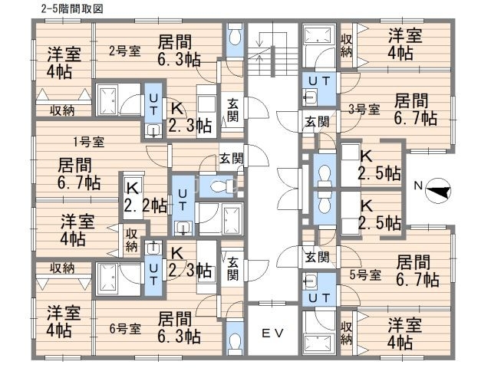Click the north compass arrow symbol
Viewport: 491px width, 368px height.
438,187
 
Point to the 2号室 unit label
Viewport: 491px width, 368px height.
124,51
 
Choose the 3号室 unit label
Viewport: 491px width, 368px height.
364,108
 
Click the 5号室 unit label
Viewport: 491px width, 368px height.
364,274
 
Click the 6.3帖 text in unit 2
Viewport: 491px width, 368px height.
180,61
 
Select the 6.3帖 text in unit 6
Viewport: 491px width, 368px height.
180,337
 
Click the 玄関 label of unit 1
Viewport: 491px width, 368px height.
231,159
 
